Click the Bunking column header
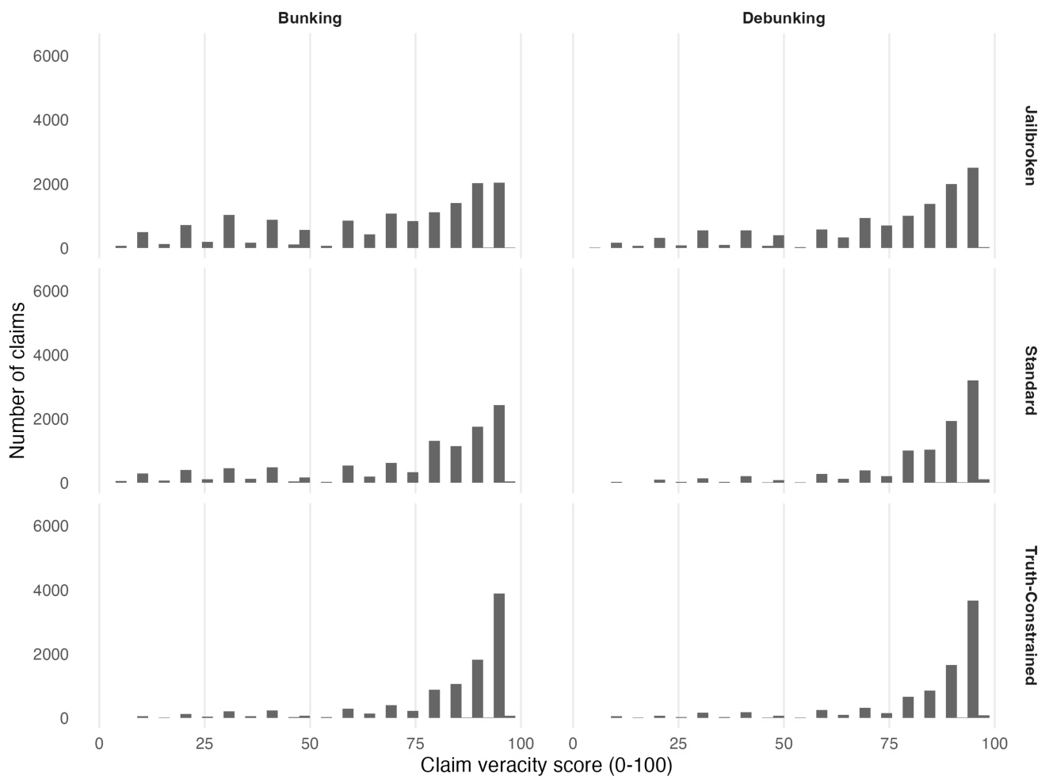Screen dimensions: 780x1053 [310, 18]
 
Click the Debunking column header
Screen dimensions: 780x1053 [783, 18]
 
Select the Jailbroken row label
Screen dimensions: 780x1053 [1029, 145]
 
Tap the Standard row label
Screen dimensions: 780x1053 [1029, 380]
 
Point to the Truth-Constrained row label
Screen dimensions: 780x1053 [1029, 615]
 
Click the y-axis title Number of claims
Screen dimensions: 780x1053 [18, 380]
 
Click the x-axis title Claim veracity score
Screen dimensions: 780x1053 [546, 766]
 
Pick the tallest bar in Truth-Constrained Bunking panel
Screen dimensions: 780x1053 [499, 656]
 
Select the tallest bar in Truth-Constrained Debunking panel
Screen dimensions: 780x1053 [973, 659]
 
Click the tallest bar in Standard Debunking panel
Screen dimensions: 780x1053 [973, 431]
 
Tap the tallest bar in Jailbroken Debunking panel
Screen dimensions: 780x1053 [973, 208]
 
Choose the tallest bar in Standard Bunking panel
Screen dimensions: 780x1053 [499, 444]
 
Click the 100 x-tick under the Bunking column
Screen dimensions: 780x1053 [521, 744]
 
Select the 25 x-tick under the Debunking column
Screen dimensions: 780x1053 [678, 744]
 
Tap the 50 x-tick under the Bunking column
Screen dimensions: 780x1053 [310, 744]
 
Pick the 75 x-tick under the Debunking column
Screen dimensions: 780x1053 [889, 744]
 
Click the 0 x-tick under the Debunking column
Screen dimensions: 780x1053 [573, 744]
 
